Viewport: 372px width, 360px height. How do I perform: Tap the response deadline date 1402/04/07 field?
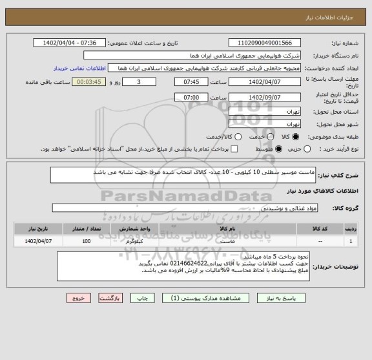pos(257,83)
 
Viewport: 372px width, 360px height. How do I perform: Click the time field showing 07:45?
pos(192,83)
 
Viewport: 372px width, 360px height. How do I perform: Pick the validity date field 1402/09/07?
pos(257,98)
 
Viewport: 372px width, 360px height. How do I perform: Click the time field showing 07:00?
pos(192,98)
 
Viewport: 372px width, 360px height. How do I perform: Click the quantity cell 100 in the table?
pos(86,241)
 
